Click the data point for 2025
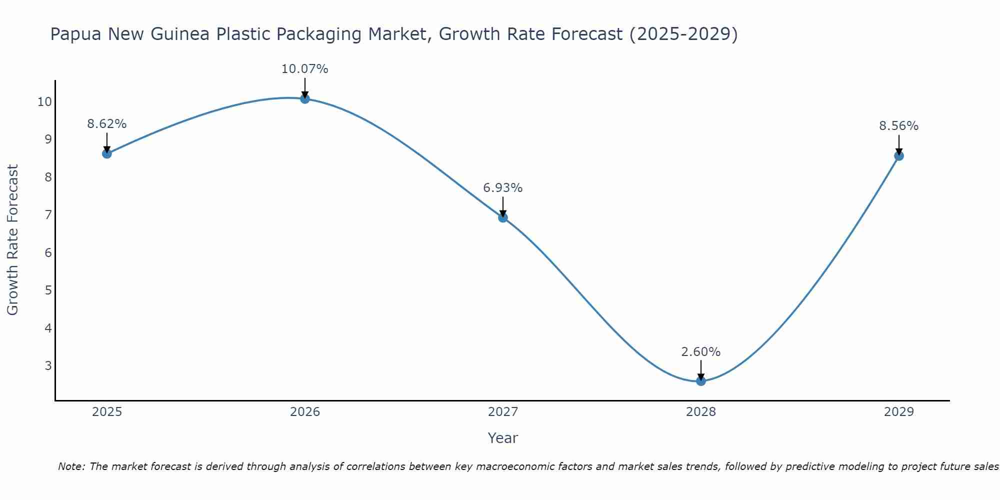coord(107,153)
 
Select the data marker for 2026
coord(305,99)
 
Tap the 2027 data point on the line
coord(503,217)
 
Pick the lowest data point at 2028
coord(701,381)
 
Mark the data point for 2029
coord(899,156)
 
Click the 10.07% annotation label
coord(305,69)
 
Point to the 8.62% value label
coord(107,124)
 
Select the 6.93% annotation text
coord(503,188)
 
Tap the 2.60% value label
coord(701,352)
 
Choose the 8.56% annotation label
coord(899,126)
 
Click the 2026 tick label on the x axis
coord(305,412)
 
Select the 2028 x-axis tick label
coord(701,412)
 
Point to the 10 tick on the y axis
coord(44,102)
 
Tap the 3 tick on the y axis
coord(48,365)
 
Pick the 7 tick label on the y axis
coord(48,215)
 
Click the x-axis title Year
coord(503,438)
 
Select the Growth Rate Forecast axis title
coord(13,240)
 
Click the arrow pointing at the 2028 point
coord(701,370)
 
